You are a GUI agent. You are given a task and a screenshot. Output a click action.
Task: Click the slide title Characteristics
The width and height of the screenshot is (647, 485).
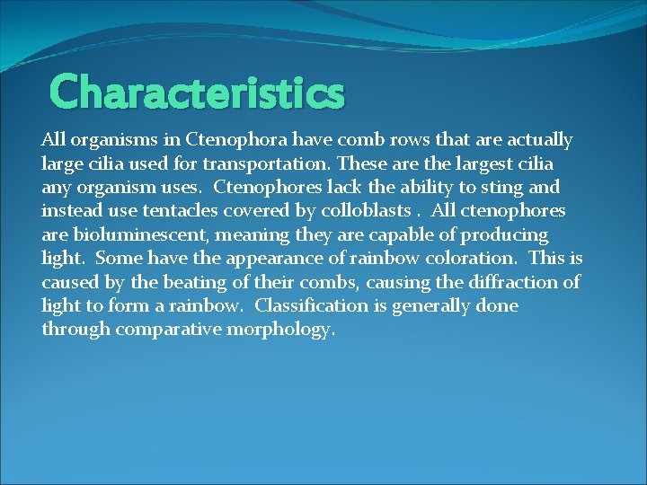coord(197,92)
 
